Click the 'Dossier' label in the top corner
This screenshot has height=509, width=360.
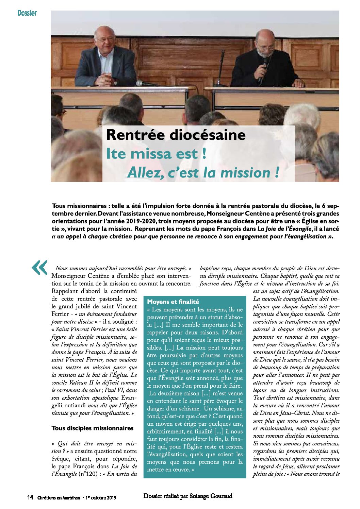(27, 13)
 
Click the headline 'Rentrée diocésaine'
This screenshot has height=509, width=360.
(176, 135)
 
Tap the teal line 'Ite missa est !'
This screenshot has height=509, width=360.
(156, 153)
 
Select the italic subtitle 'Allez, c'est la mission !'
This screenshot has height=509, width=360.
(203, 173)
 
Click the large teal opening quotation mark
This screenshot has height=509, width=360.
(39, 268)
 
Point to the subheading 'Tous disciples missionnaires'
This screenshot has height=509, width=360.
(92, 428)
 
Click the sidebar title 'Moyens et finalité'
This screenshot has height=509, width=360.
(173, 302)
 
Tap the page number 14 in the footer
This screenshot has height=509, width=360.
(30, 497)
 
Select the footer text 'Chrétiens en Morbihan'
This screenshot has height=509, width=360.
(59, 498)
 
